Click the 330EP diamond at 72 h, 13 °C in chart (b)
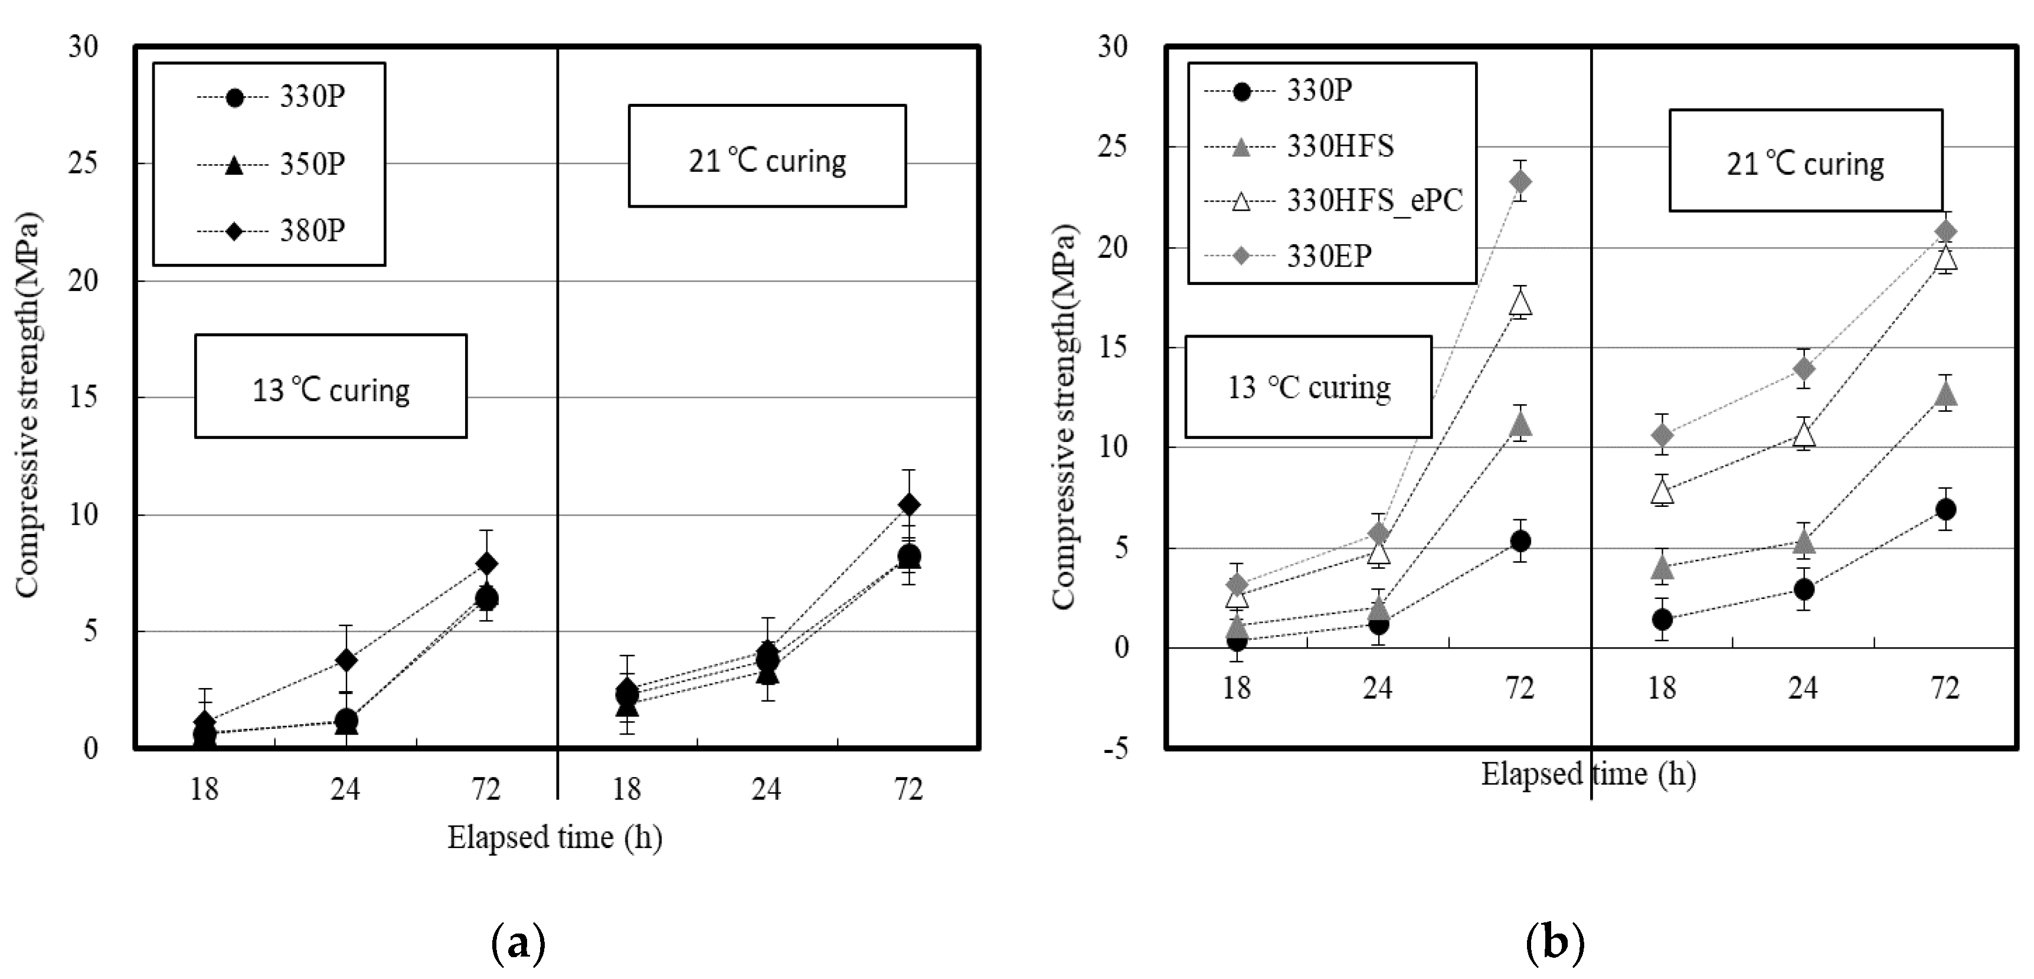[x=1520, y=182]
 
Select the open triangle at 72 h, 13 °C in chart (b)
[x=1520, y=302]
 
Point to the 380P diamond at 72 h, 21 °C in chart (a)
[x=909, y=505]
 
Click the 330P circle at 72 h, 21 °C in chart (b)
[x=1945, y=509]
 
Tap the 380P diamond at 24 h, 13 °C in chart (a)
[x=345, y=659]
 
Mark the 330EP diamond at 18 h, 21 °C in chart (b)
[x=1662, y=435]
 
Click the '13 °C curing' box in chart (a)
[x=331, y=386]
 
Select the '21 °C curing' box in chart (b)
[x=1805, y=161]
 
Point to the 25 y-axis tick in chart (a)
[x=83, y=163]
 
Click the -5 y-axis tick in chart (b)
[x=1114, y=748]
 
